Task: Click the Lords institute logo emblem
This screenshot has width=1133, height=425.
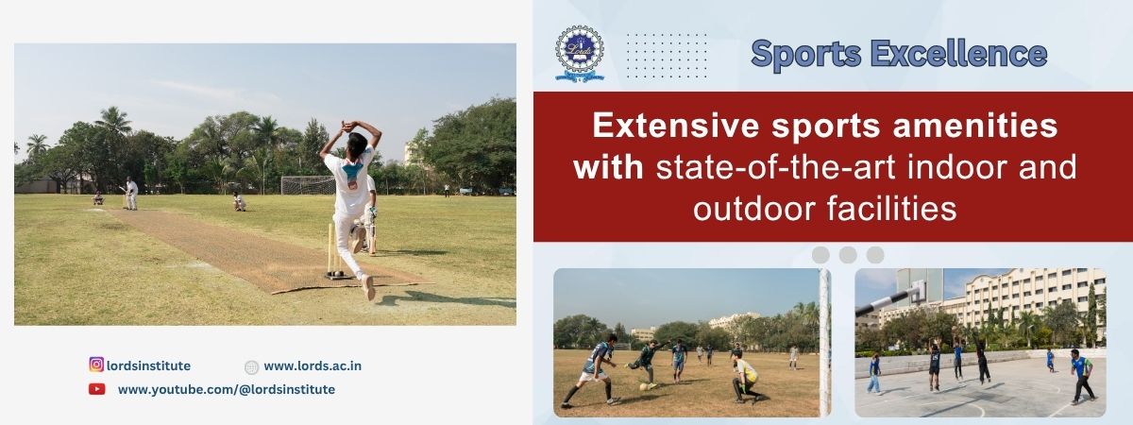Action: (x=580, y=54)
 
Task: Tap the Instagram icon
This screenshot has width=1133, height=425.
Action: (x=96, y=365)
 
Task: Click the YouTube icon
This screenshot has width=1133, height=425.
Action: (x=96, y=389)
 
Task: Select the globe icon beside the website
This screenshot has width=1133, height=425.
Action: (x=251, y=367)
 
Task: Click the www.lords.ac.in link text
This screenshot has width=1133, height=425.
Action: (x=313, y=365)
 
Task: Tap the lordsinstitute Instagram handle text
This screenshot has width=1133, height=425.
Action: (x=149, y=365)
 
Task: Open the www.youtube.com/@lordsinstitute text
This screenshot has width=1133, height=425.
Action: (x=226, y=389)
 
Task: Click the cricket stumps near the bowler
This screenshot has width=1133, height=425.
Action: (x=335, y=250)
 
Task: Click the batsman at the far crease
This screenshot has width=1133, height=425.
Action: (x=130, y=194)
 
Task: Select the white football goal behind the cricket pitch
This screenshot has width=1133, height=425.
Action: (x=308, y=185)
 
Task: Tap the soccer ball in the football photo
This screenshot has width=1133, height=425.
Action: (x=644, y=387)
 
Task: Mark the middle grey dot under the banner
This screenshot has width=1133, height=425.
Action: (x=848, y=255)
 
